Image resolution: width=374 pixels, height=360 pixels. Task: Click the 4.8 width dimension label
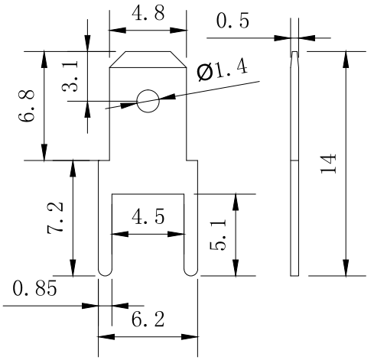point(148,13)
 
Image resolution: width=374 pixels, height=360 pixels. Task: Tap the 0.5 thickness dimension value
point(233,21)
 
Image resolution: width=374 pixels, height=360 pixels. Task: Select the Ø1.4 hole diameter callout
point(223,71)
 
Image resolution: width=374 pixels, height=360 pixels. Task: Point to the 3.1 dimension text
point(70,76)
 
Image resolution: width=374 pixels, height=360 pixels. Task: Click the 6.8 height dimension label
point(26,105)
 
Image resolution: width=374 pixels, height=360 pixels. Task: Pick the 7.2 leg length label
point(55,218)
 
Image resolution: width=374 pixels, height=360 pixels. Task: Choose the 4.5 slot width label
point(148,216)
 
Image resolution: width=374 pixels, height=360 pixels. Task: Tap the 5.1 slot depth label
point(218,235)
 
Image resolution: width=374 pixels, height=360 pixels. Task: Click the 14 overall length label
point(328,164)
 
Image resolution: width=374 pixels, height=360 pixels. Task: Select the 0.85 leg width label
point(34,288)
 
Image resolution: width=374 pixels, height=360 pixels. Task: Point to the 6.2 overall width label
point(148,319)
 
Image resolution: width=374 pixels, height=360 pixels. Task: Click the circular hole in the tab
point(148,101)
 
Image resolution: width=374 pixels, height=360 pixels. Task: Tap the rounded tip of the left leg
point(105,274)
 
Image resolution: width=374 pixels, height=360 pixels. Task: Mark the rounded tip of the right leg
point(190,274)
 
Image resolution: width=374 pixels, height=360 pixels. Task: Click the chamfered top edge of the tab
point(148,51)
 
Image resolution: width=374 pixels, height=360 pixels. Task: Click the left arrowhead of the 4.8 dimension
point(118,31)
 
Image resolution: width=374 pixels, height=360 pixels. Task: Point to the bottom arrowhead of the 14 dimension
point(346,268)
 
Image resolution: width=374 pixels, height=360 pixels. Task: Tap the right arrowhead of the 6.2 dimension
point(190,337)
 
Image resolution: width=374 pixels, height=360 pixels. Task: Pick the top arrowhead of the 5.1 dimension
point(236,203)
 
